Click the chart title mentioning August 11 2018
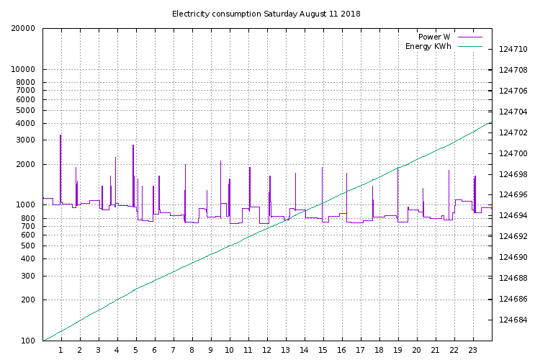266,14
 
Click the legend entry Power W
435,37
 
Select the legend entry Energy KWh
428,46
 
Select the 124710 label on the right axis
513,50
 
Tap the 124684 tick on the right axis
513,320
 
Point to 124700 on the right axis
513,153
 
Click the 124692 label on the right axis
513,236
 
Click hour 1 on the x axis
61,350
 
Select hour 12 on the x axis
267,350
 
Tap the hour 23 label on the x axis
473,350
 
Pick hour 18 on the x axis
379,350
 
